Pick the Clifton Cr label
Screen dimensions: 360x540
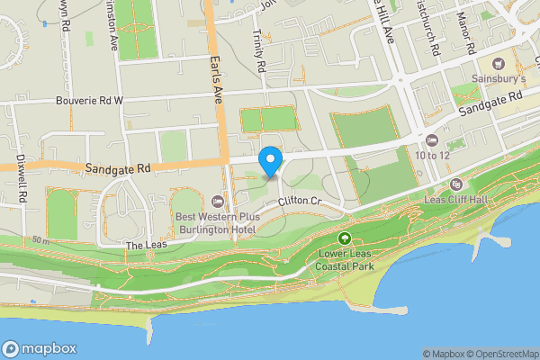tap(300, 201)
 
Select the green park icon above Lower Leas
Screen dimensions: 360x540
tap(344, 238)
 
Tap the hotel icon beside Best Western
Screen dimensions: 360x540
tap(218, 200)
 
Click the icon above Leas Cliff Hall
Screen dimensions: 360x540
tap(454, 184)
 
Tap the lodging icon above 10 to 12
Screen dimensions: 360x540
tap(432, 139)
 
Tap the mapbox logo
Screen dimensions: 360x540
tap(40, 348)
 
